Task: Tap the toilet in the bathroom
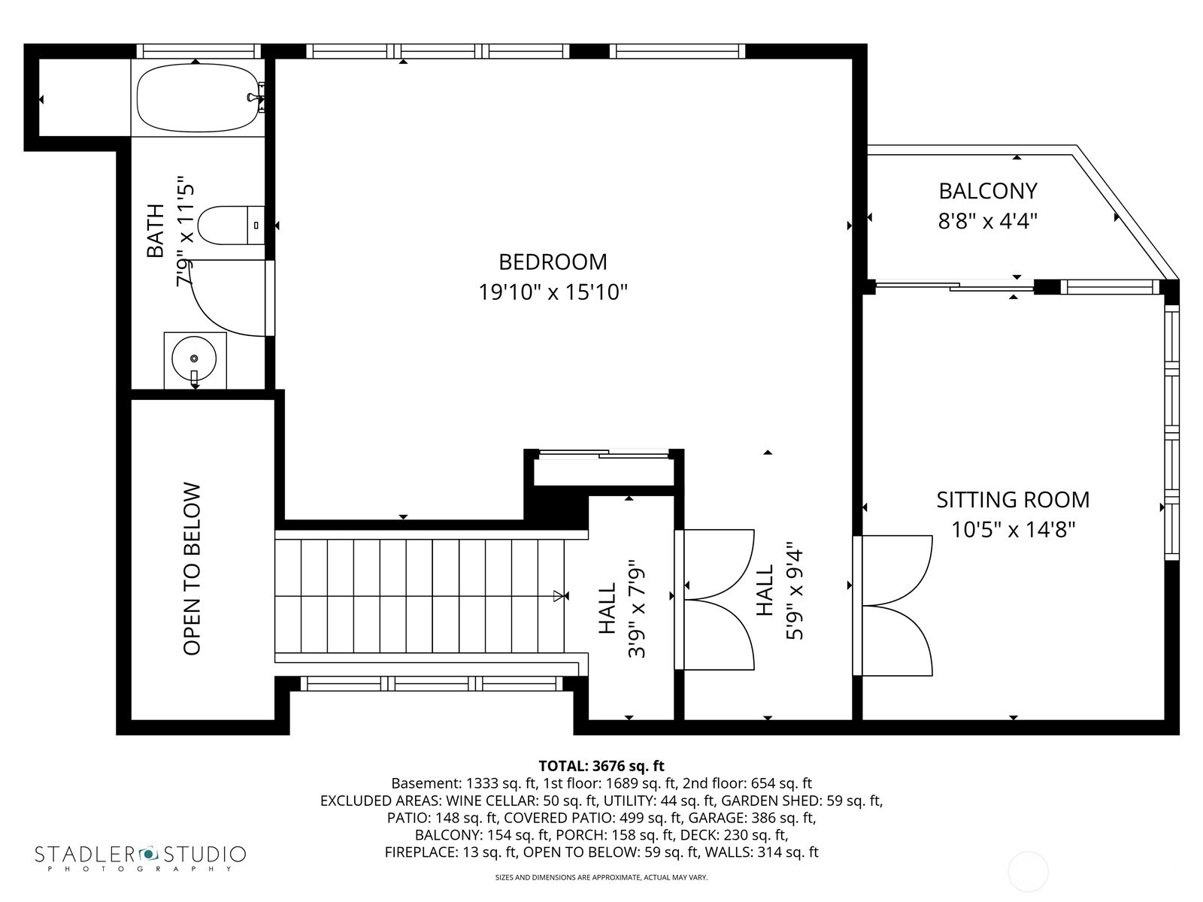pos(229,225)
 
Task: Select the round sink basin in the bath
pos(194,359)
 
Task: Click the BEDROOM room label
pos(553,262)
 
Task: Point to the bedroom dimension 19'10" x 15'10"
pos(553,292)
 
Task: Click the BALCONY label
pos(987,191)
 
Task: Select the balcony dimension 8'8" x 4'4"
pos(987,221)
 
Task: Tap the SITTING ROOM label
pos(1012,500)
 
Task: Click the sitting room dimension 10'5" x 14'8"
pos(1012,530)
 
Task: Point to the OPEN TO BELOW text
pos(192,568)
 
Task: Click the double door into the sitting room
pos(895,605)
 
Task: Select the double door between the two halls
pos(718,600)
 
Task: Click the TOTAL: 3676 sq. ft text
pos(601,766)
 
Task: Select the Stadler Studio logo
pos(140,858)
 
